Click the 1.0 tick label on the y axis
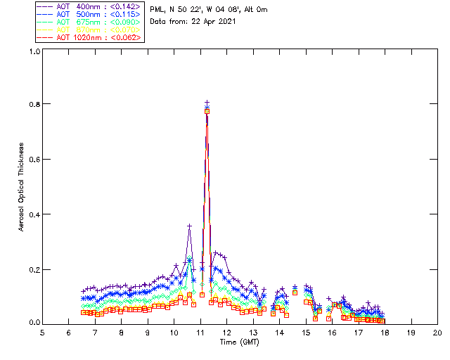(x=34, y=51)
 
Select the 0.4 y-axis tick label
(x=34, y=214)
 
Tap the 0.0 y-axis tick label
(x=34, y=323)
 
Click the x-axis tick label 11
(x=200, y=333)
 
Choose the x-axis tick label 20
(x=437, y=333)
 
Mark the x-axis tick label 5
(x=42, y=333)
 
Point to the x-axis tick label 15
(x=306, y=333)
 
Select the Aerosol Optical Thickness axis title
(x=22, y=187)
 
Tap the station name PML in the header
(x=157, y=10)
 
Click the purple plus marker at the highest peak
(x=207, y=103)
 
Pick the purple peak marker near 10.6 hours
(x=189, y=226)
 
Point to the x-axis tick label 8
(x=121, y=333)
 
